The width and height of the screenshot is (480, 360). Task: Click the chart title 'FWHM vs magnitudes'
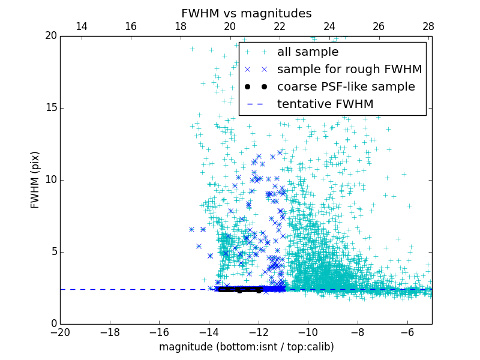coord(246,13)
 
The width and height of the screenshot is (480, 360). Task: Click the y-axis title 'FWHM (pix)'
coord(35,180)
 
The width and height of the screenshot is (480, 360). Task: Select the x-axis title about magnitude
coord(246,347)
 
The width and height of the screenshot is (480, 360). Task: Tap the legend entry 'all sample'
coord(307,52)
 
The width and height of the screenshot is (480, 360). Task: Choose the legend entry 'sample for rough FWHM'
coord(349,70)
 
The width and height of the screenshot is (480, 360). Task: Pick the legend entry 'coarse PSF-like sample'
coord(346,87)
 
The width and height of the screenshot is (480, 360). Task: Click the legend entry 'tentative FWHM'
coord(325,104)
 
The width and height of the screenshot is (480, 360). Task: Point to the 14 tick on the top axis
coord(81,26)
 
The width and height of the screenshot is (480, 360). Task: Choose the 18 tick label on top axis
coord(181,26)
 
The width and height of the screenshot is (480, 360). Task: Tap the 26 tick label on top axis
coord(379,26)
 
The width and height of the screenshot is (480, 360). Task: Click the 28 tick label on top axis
coord(428,26)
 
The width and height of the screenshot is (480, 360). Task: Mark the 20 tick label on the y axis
coord(50,36)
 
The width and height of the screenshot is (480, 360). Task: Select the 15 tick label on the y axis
coord(50,108)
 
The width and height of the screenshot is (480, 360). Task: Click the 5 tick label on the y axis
coord(53,252)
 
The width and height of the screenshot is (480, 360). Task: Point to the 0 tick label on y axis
coord(53,324)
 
